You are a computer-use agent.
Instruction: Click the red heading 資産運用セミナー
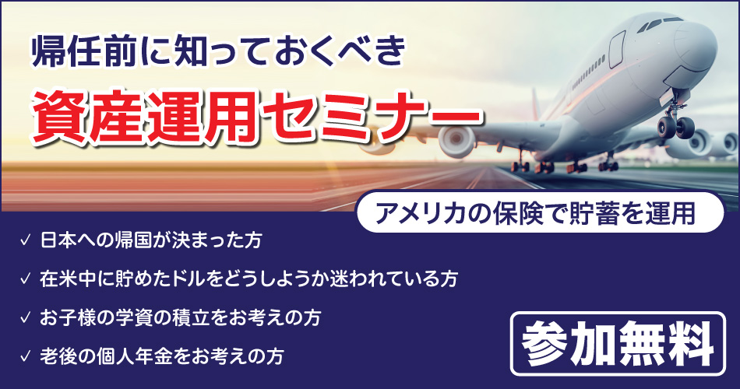tap(257, 118)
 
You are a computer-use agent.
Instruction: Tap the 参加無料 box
tap(618, 343)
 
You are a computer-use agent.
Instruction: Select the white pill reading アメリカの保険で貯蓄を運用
tap(540, 212)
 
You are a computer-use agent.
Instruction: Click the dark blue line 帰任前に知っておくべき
tap(219, 51)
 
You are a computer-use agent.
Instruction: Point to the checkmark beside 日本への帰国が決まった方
tap(25, 240)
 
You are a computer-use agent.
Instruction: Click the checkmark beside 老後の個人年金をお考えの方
tap(25, 356)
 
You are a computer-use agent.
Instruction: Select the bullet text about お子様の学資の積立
tap(180, 317)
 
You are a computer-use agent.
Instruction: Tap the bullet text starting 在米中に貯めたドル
tap(248, 279)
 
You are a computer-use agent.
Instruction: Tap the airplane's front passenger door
tap(616, 49)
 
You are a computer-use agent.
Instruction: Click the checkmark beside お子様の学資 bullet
tap(25, 317)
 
